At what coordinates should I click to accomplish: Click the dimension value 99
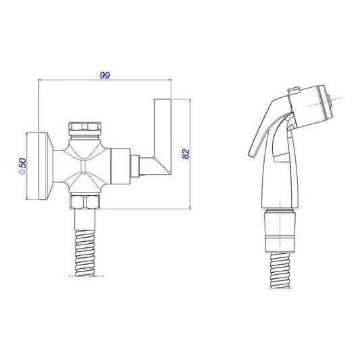pos(105,75)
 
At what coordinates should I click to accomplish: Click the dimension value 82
pos(186,154)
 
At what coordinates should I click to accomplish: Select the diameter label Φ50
pos(23,166)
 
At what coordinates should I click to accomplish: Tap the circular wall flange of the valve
pos(45,165)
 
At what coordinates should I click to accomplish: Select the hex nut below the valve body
pos(85,202)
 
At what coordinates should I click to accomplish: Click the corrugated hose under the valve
pos(85,253)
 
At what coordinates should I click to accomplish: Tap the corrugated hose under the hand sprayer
pos(280,270)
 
